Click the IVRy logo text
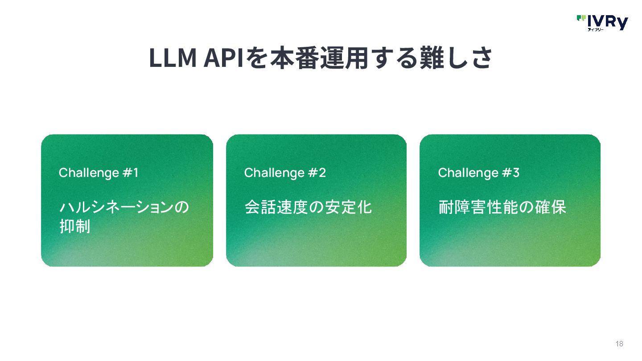[607, 21]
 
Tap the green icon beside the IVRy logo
[581, 18]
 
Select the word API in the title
[223, 58]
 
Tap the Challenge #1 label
[99, 173]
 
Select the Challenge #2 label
[285, 173]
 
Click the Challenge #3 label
[479, 173]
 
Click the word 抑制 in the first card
[75, 226]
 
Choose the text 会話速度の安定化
[308, 208]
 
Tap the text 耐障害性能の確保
[502, 208]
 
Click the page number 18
[619, 344]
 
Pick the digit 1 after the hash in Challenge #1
[136, 173]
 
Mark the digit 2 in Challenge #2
[322, 173]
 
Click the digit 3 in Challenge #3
[516, 173]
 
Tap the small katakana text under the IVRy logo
[595, 30]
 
